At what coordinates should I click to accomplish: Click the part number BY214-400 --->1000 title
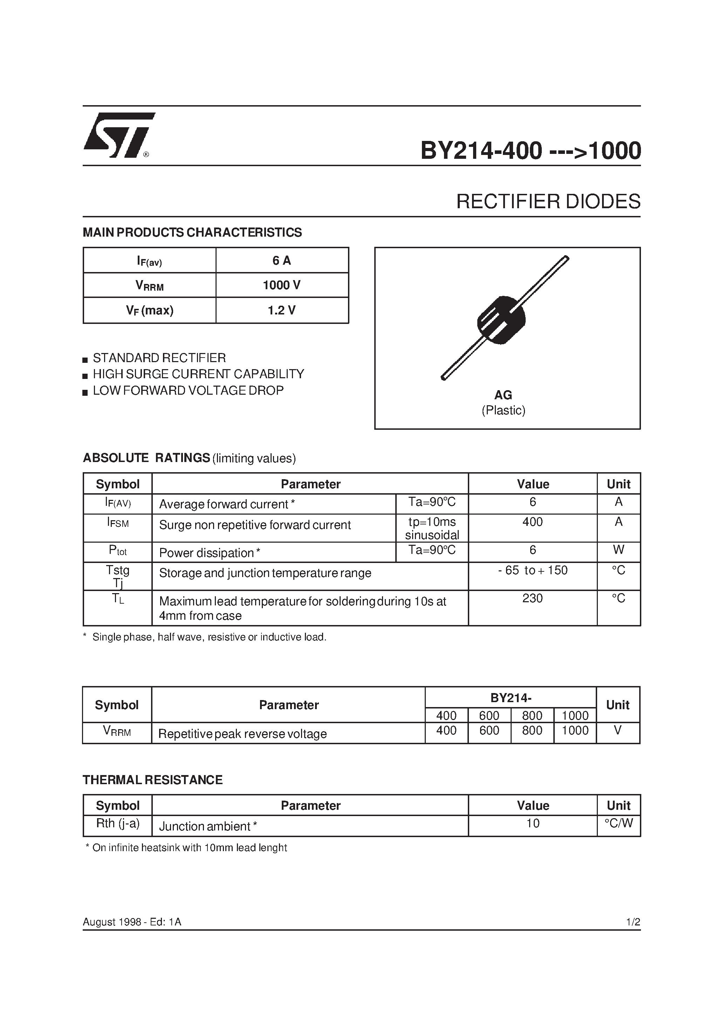point(530,150)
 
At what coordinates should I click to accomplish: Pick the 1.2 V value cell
point(282,310)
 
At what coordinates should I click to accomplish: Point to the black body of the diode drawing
point(501,320)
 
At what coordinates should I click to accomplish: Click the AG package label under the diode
point(503,395)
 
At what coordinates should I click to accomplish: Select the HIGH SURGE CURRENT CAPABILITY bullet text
point(198,374)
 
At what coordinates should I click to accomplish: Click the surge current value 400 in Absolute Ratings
point(533,522)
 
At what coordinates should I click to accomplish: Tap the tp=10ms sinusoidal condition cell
point(432,528)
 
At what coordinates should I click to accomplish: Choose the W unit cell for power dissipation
point(618,550)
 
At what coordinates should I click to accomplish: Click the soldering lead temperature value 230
point(533,598)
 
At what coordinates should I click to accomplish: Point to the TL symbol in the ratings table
point(118,599)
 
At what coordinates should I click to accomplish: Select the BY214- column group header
point(511,698)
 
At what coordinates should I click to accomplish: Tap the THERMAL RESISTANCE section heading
point(153,780)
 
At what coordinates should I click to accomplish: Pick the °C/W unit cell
point(619,823)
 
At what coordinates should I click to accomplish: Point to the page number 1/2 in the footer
point(633,922)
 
